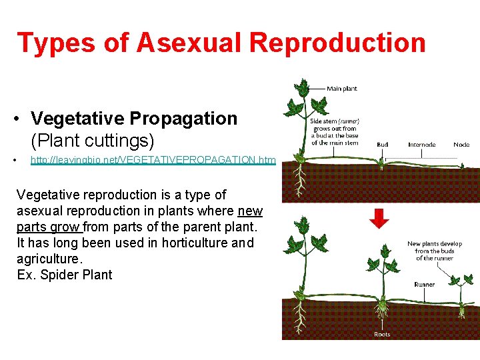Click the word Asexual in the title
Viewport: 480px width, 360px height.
(x=190, y=43)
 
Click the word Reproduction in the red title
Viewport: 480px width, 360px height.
(x=337, y=43)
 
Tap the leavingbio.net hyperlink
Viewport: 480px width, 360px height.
(x=153, y=160)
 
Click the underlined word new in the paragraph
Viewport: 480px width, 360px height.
(x=250, y=211)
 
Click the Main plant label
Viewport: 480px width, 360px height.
(x=341, y=88)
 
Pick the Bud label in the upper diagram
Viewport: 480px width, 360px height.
(x=382, y=145)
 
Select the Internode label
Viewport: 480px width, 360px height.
(x=421, y=145)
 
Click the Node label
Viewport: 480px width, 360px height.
(x=461, y=145)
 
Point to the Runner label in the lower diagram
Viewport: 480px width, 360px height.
(x=424, y=285)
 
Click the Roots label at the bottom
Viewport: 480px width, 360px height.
(x=382, y=334)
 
